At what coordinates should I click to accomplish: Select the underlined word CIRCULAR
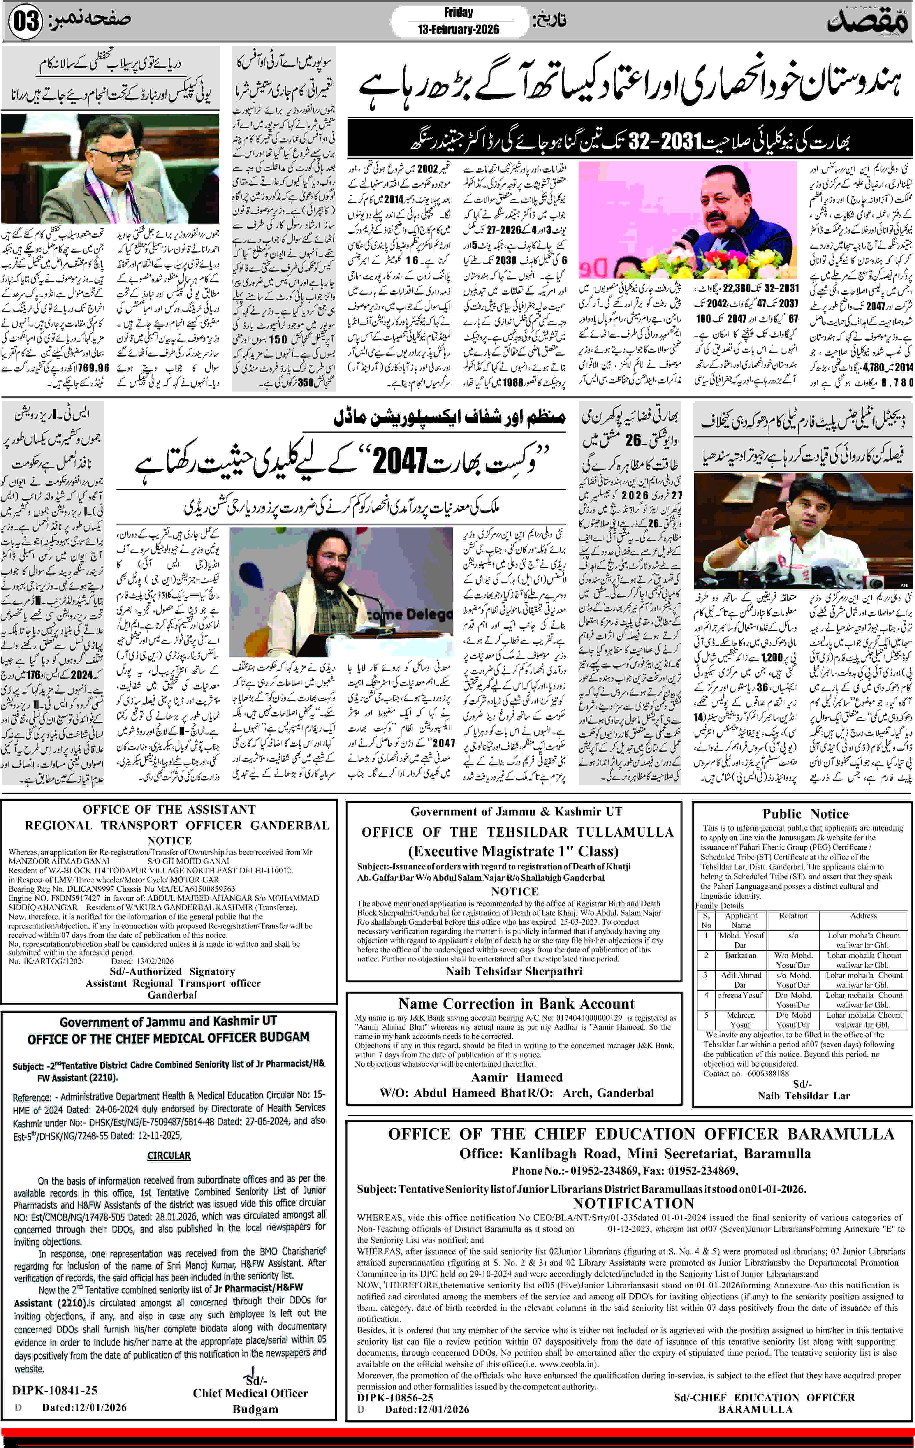[x=169, y=1156]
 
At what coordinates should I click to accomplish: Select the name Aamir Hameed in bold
[x=517, y=1077]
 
